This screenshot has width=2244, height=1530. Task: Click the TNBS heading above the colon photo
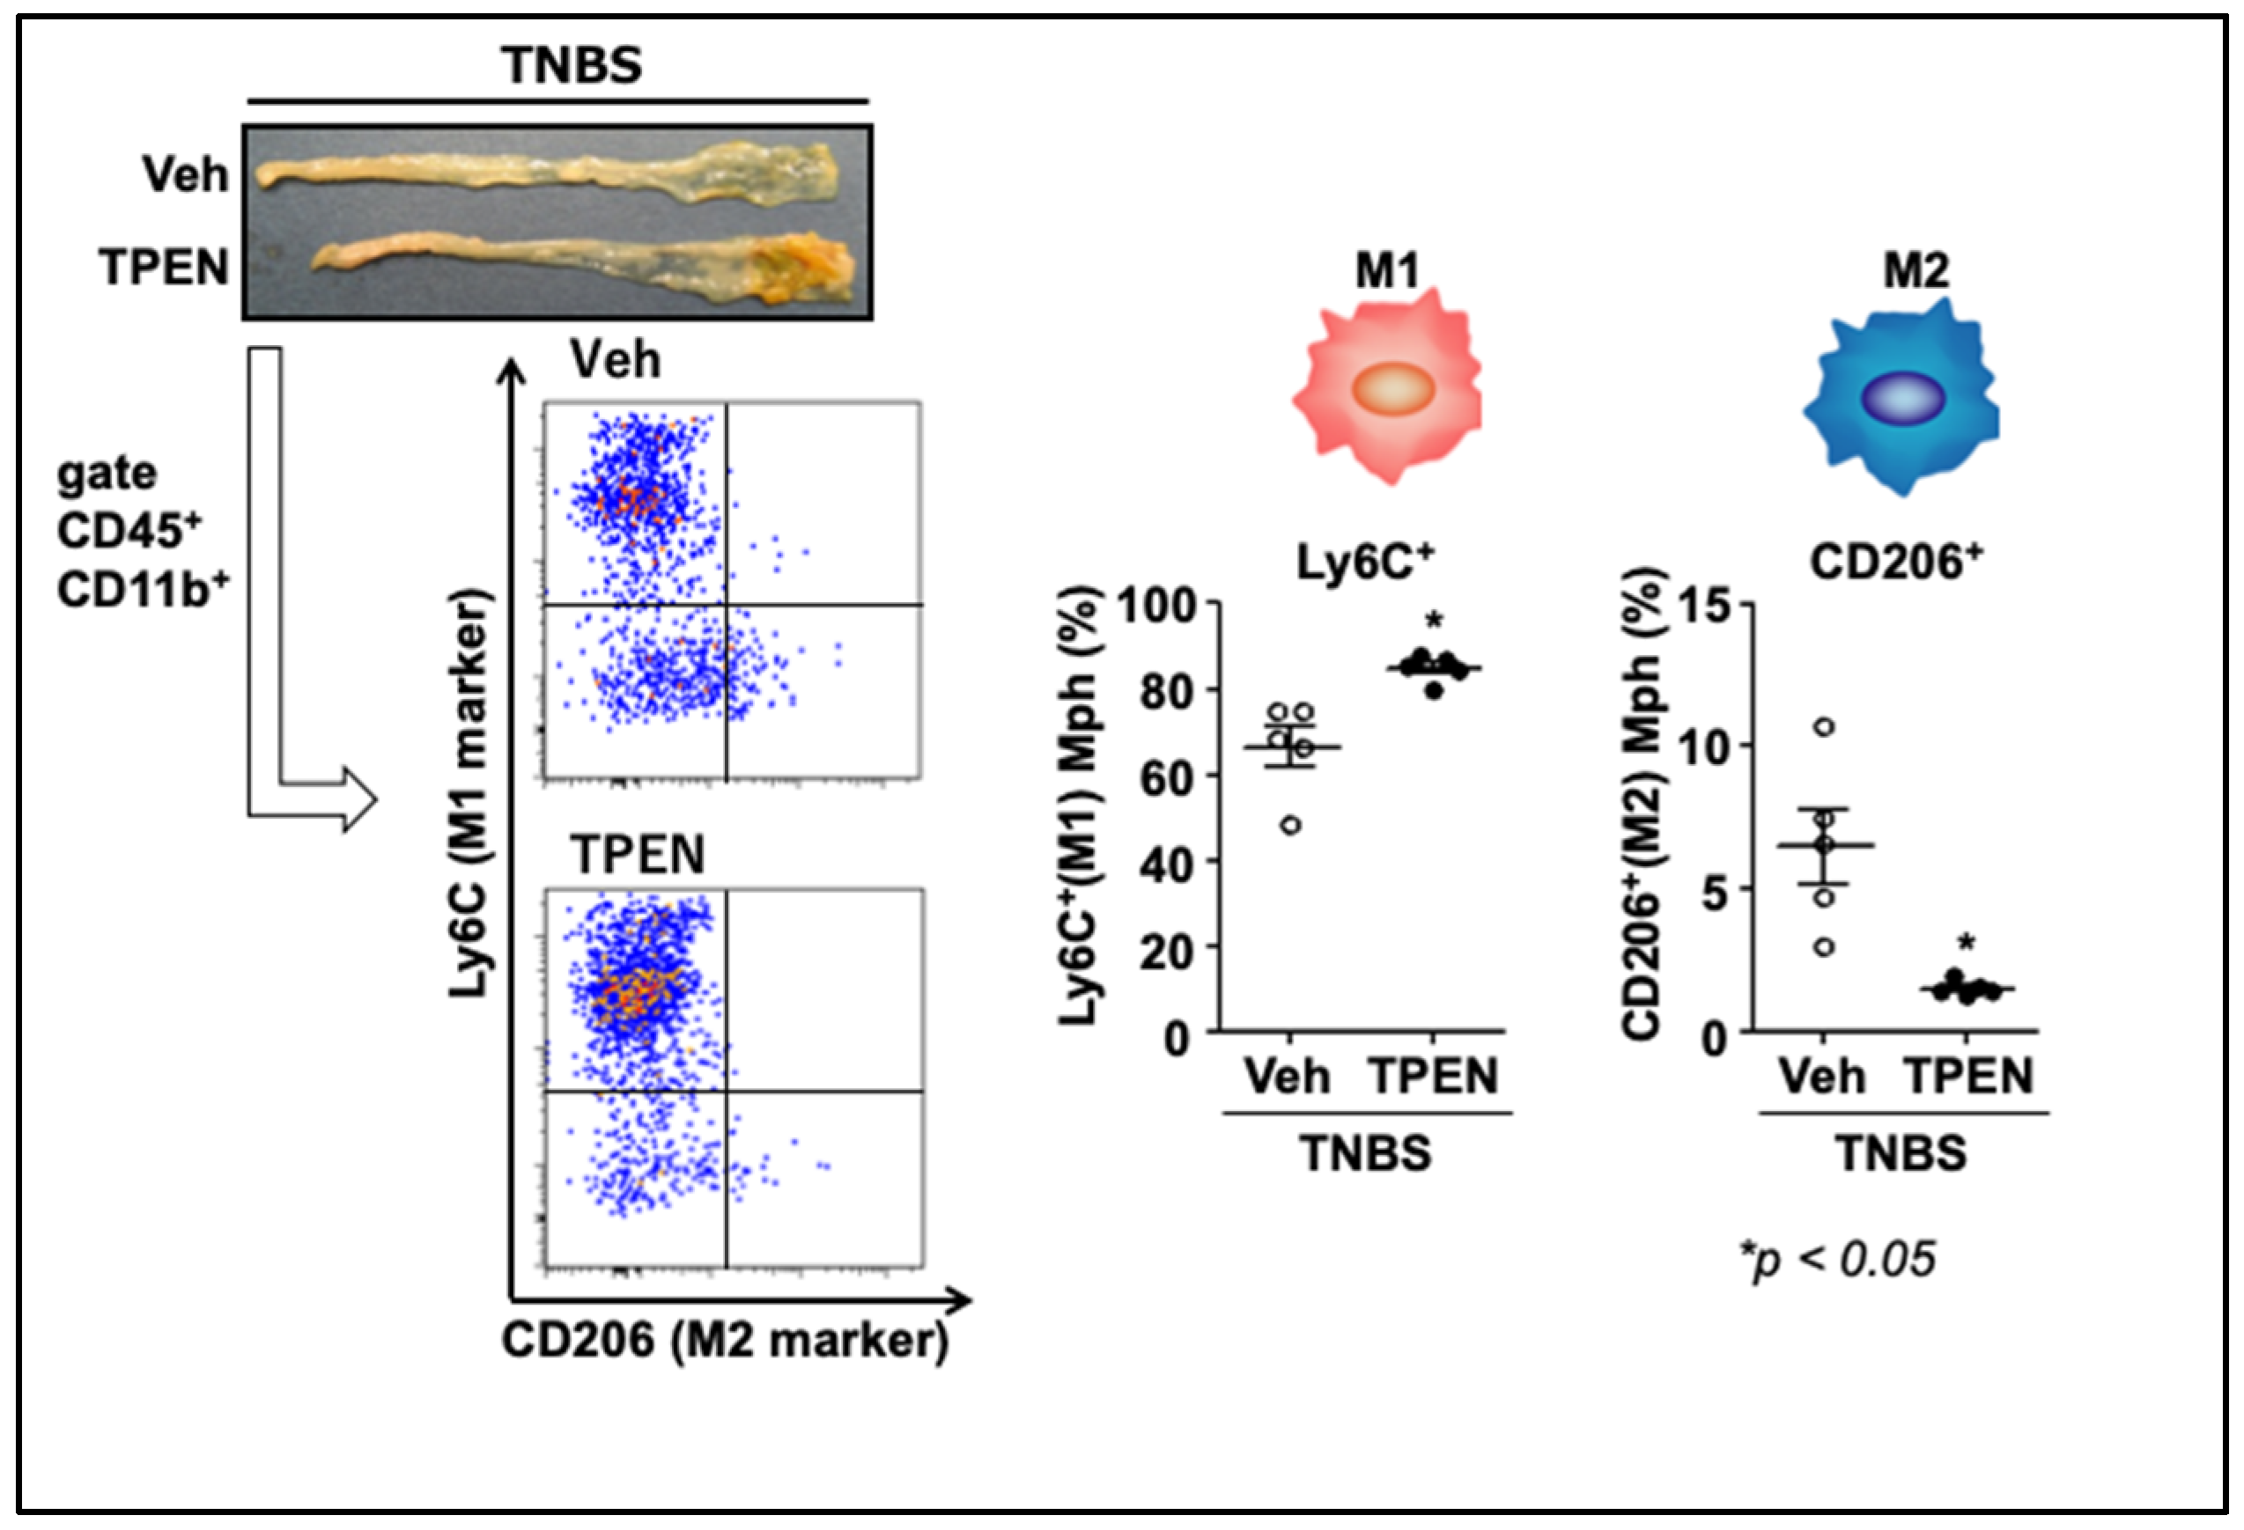[x=571, y=66]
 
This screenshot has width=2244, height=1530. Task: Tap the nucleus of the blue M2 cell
[x=1902, y=398]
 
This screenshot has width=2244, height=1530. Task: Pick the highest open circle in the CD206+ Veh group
[x=1823, y=727]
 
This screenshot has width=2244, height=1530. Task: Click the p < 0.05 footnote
[x=1836, y=1260]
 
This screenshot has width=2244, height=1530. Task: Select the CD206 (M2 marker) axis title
[x=724, y=1340]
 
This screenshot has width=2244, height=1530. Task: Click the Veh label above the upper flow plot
[x=615, y=361]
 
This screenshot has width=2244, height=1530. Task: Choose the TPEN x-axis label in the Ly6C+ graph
[x=1434, y=1077]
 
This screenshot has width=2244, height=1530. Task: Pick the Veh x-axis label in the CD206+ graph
[x=1821, y=1077]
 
